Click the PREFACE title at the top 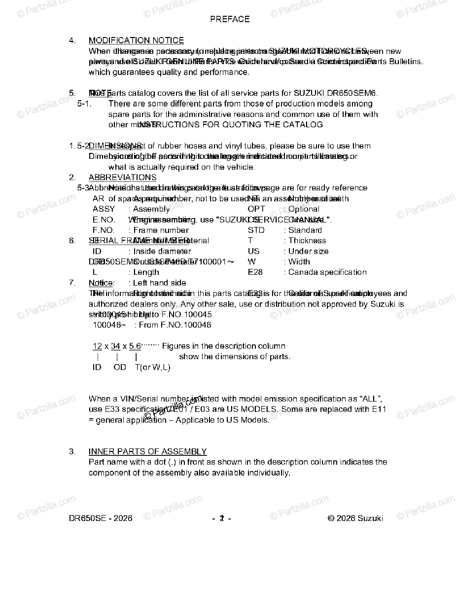(230, 19)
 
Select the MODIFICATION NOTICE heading (136, 40)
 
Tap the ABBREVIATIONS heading (122, 178)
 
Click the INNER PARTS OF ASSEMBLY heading (147, 452)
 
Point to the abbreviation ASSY (104, 209)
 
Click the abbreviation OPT (256, 209)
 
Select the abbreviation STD (256, 230)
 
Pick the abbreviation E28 (255, 272)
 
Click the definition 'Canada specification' (327, 272)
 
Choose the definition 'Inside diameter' (162, 252)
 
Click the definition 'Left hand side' (160, 283)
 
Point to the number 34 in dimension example (116, 346)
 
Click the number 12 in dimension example (97, 346)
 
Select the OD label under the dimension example (120, 367)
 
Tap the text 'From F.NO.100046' (175, 325)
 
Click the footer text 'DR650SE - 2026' (101, 518)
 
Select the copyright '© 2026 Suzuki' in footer (355, 518)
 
